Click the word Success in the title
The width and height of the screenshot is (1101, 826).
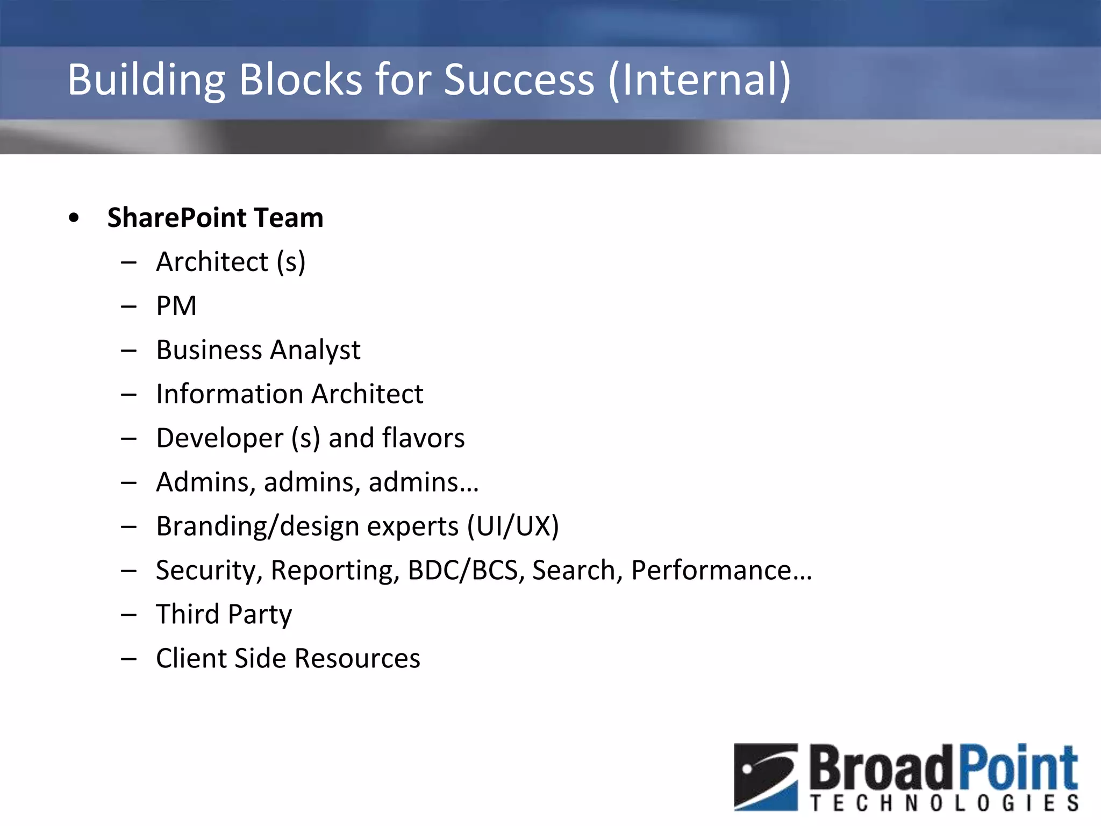pos(519,80)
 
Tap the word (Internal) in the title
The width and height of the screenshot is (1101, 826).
pos(699,80)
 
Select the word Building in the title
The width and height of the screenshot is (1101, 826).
pos(146,80)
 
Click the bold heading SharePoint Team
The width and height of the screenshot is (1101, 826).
pos(215,218)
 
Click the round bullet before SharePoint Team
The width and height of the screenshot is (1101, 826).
pos(74,218)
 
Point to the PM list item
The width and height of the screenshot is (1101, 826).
pos(176,306)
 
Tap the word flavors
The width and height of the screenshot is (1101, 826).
pos(423,438)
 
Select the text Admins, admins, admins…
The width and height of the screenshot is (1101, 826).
pos(317,482)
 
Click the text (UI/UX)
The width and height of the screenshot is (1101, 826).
pos(513,526)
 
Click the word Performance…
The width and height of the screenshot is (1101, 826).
pos(721,571)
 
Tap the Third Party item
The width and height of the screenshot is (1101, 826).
pos(224,615)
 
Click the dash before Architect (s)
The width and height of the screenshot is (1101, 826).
pos(129,263)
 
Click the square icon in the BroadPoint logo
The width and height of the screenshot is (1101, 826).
pos(766,777)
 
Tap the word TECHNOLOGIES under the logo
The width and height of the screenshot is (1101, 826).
pos(944,803)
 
